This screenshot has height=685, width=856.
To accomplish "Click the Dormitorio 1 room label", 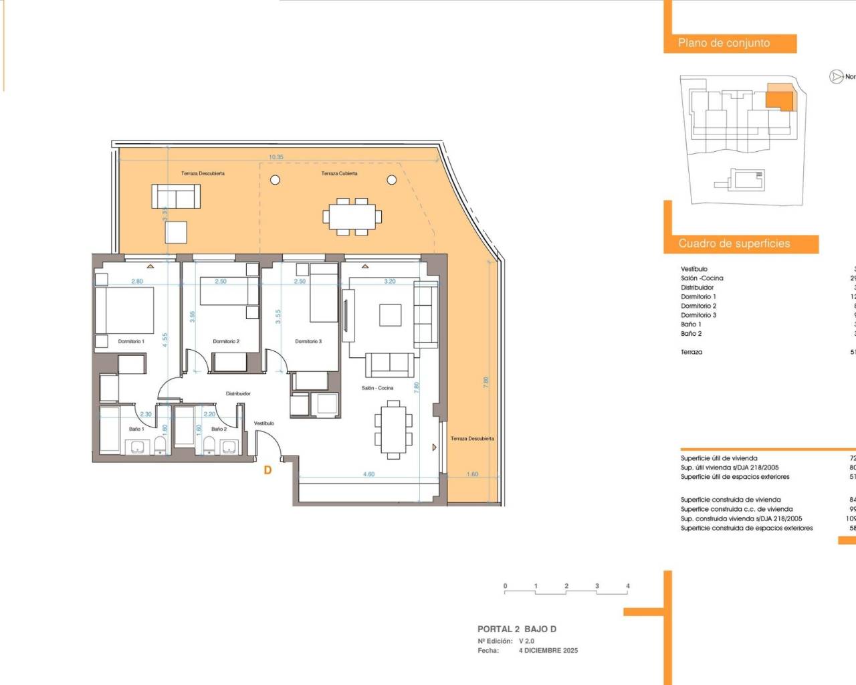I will [131, 341].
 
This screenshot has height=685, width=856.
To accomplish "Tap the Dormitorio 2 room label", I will [226, 341].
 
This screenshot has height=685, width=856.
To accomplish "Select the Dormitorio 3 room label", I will [308, 341].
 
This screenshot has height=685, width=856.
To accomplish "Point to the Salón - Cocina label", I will [377, 388].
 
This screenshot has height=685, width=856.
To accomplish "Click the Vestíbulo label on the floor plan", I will [264, 423].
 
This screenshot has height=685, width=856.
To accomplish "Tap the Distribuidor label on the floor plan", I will [238, 393].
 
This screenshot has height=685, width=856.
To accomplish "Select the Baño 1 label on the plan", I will [136, 429].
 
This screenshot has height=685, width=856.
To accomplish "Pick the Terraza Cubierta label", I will [339, 173].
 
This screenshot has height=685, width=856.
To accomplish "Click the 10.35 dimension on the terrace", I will [276, 157].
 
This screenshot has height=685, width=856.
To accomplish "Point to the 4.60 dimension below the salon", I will [368, 474].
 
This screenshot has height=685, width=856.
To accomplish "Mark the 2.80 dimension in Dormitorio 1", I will [137, 282].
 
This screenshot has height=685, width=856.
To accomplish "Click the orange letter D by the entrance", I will [267, 470].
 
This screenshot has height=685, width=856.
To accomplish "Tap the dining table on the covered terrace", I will [352, 216].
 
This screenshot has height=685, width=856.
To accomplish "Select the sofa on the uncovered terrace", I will [176, 197].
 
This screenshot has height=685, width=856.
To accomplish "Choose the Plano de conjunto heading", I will [724, 43].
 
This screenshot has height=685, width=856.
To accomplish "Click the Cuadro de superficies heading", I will [734, 243].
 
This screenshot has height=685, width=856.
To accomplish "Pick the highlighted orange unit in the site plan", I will [779, 99].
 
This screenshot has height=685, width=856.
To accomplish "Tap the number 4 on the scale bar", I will [627, 586].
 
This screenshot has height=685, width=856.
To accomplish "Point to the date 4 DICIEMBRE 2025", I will [548, 650].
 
